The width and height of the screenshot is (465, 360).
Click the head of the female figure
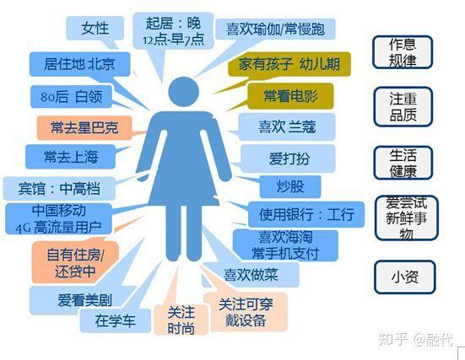point(184,92)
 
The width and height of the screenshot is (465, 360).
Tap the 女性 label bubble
point(95,29)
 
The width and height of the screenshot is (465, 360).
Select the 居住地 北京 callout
point(79,64)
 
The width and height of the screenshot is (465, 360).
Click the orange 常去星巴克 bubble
point(84,127)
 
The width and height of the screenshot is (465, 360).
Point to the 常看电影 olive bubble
point(290,96)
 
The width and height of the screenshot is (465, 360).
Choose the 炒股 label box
point(290,186)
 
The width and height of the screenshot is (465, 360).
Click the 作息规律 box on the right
point(403,52)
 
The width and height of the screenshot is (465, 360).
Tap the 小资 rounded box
point(405,277)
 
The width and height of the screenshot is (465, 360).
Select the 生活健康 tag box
point(403,163)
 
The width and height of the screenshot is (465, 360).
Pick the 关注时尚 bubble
point(181,320)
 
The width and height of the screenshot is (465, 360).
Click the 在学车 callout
point(115,320)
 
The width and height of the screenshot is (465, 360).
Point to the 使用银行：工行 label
point(306,214)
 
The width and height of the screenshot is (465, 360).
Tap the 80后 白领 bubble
point(71,97)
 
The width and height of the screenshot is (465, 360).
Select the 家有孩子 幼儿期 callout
point(289,64)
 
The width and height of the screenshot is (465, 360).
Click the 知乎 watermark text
point(392,340)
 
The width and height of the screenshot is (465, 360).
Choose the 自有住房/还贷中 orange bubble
point(75,262)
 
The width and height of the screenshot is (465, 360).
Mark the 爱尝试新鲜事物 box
point(406,218)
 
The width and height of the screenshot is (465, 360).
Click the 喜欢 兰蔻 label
point(287,126)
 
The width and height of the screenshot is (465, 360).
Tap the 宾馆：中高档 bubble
point(59,189)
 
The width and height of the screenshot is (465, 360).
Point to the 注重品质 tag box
point(403,107)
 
